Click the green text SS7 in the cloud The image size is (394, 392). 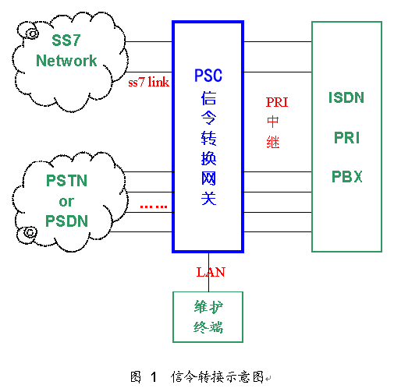click(66, 41)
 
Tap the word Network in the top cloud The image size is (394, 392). click(66, 61)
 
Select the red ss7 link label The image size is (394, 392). click(148, 82)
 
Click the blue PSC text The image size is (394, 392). click(208, 76)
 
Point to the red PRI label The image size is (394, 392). click(277, 102)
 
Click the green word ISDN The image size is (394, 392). click(346, 97)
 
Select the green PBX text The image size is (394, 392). click(347, 177)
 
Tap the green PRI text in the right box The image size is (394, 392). click(346, 138)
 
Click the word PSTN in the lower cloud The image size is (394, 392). click(66, 181)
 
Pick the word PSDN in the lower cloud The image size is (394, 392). click(66, 221)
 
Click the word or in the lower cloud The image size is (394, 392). click(66, 202)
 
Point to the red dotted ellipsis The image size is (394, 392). click(154, 207)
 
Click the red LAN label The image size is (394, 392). click(211, 272)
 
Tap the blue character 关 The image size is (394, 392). click(208, 199)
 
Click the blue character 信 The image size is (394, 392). click(208, 98)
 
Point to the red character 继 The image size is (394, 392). click(273, 143)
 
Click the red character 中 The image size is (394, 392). click(273, 122)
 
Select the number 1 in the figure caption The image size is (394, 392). click(154, 377)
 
